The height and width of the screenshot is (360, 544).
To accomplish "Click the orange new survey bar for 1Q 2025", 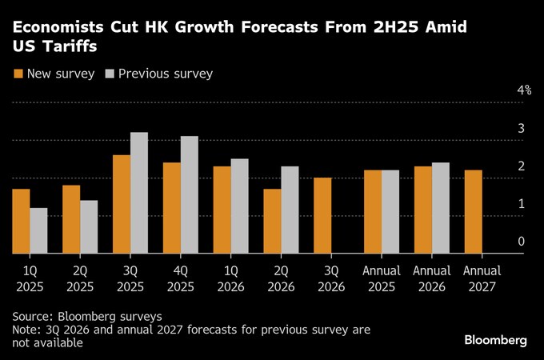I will (21, 222).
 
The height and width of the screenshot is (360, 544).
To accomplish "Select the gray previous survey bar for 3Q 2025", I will (139, 193).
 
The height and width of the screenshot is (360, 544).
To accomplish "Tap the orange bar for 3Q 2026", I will (322, 215).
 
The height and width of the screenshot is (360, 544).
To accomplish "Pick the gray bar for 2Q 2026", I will (290, 210).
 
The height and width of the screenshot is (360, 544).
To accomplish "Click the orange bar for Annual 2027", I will (473, 212).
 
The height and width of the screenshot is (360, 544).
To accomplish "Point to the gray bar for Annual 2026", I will (440, 208).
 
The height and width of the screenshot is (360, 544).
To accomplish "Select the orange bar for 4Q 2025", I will (171, 208).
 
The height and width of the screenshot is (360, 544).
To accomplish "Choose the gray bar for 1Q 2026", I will (239, 206).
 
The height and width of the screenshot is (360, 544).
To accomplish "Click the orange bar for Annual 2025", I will (372, 212).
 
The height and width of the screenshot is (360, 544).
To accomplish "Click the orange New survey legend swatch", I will (18, 74).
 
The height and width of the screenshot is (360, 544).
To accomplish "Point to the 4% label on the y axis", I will (524, 90).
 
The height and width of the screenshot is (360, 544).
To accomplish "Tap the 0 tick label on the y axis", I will (522, 242).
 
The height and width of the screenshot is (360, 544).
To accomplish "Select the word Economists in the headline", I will (58, 27).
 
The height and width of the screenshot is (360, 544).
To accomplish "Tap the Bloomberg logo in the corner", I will (496, 340).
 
